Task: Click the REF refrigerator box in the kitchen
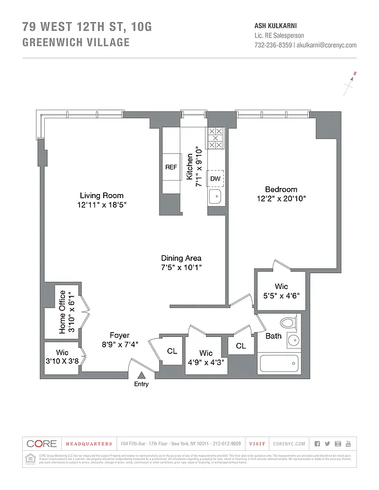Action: pos(171,167)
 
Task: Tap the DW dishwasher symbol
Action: pos(215,178)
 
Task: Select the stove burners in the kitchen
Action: pos(215,138)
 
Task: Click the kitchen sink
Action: pos(215,197)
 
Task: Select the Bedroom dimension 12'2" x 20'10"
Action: pos(281,198)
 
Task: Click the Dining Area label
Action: pos(182,258)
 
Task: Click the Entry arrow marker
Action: pos(142,374)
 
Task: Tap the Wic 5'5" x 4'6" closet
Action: pos(281,290)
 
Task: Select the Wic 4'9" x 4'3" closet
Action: pos(206,356)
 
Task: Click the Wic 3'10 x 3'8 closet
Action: pos(62,356)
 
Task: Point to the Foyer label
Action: pos(120,335)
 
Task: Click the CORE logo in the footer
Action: pos(41,443)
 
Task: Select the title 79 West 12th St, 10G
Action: pos(86,27)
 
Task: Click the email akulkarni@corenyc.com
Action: pos(326,45)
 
